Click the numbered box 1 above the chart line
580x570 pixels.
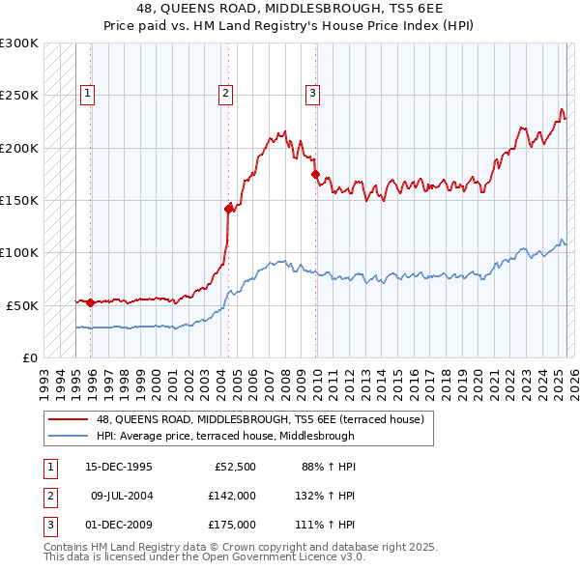(x=87, y=94)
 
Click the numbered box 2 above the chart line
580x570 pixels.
(x=225, y=94)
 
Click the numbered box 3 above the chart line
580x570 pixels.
(x=313, y=94)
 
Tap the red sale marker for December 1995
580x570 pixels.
(x=91, y=302)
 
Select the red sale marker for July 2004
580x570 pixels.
(x=229, y=208)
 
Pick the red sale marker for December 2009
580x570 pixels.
(x=316, y=174)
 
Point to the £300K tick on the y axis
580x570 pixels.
(x=19, y=43)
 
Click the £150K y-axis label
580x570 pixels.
(x=19, y=200)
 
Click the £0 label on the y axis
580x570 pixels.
(x=29, y=357)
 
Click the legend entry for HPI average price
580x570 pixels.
(x=224, y=436)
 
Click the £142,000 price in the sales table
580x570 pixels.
(x=232, y=496)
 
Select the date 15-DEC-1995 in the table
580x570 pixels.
(x=119, y=467)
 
